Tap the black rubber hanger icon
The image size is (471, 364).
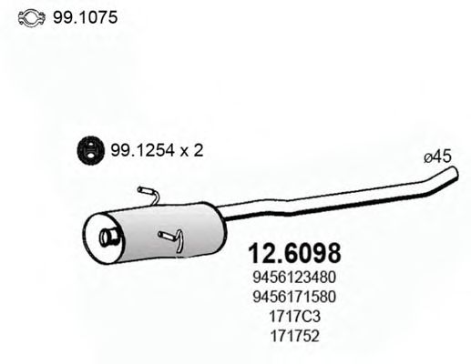point(88,151)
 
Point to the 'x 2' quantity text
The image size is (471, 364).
point(189,151)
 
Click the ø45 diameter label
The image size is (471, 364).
point(438,157)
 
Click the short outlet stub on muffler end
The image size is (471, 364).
point(108,238)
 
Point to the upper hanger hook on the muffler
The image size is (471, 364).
point(148,192)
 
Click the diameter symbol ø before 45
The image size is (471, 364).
point(428,157)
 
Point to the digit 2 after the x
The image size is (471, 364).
point(198,151)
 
